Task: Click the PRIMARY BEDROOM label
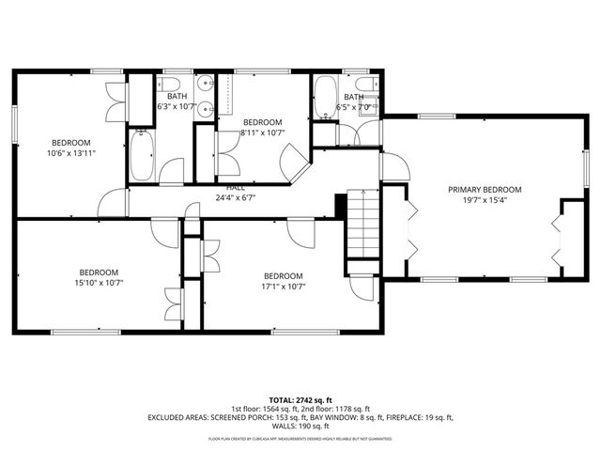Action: click(x=484, y=189)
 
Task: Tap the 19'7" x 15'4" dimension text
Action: click(x=484, y=200)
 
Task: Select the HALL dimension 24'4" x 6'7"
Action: click(x=235, y=198)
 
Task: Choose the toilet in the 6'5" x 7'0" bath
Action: click(x=371, y=104)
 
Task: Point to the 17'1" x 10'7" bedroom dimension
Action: click(x=285, y=287)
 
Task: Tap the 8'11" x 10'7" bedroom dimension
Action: click(x=262, y=133)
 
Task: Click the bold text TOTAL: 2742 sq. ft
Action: click(x=300, y=398)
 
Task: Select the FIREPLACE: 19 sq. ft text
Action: click(x=420, y=417)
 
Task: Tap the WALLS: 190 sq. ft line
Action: click(x=300, y=427)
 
